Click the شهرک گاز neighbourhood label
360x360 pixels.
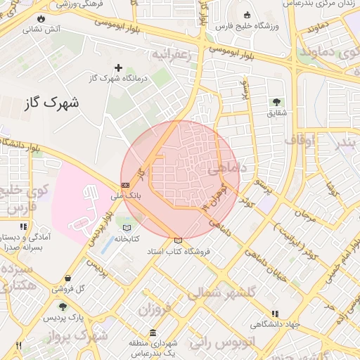pyautogui.click(x=52, y=103)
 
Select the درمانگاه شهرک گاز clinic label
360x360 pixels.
pyautogui.click(x=118, y=79)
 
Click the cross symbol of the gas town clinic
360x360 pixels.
pyautogui.click(x=118, y=68)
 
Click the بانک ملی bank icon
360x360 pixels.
pyautogui.click(x=126, y=186)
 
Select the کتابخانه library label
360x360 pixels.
pyautogui.click(x=126, y=238)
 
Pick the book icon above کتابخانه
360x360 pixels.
pyautogui.click(x=126, y=228)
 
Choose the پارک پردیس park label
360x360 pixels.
pyautogui.click(x=65, y=318)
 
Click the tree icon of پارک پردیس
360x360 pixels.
pyautogui.click(x=64, y=307)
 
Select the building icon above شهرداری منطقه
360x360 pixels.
pyautogui.click(x=153, y=333)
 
